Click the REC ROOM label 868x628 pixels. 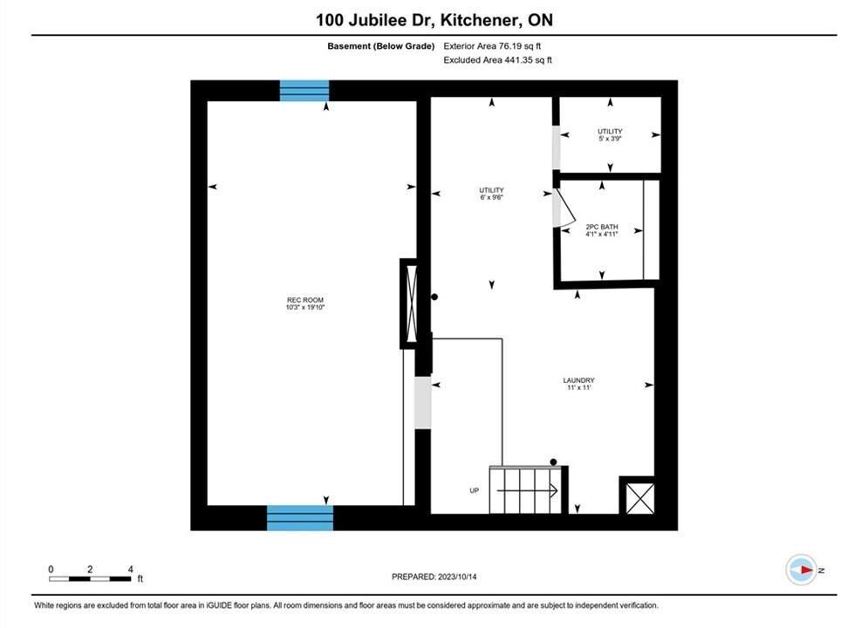click(x=305, y=304)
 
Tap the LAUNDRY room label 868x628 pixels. click(x=578, y=384)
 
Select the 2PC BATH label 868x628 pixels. click(x=602, y=230)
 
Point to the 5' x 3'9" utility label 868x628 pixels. click(x=610, y=135)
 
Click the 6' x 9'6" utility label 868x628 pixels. click(x=491, y=194)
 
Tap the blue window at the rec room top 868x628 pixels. click(x=304, y=91)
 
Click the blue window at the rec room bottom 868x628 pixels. click(x=300, y=518)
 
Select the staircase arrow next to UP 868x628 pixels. click(x=527, y=491)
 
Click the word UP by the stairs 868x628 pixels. click(x=474, y=491)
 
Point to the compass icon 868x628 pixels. click(x=801, y=570)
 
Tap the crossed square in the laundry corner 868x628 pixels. click(x=639, y=498)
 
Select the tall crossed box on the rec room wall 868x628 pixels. click(x=411, y=304)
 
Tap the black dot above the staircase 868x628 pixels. click(x=553, y=462)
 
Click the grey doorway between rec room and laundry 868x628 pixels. click(x=423, y=402)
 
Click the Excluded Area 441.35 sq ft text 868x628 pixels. click(x=497, y=60)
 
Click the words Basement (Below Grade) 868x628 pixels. click(x=381, y=46)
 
